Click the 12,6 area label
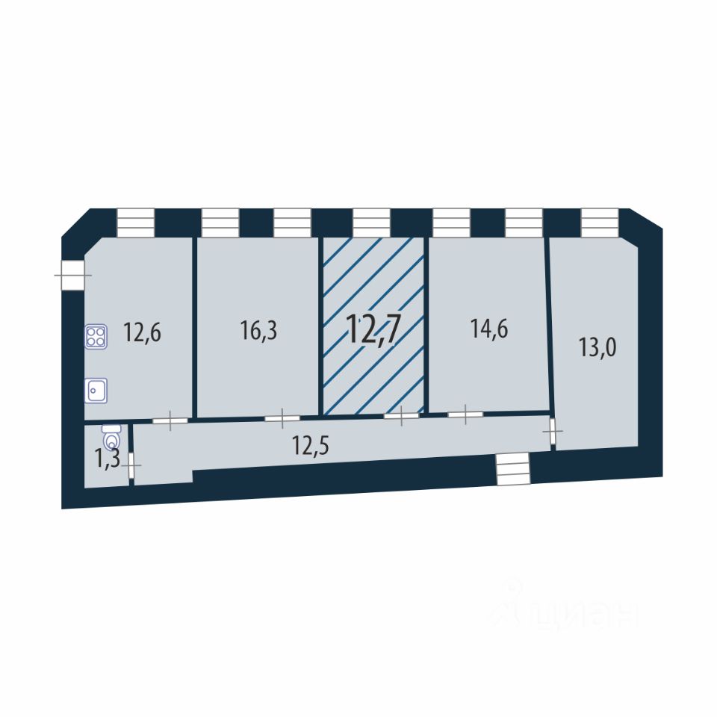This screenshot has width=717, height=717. click(x=142, y=332)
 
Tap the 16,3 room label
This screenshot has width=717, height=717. click(x=258, y=330)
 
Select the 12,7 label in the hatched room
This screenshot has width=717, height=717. click(x=373, y=329)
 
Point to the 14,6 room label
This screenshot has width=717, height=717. click(x=488, y=329)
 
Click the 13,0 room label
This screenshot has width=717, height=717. click(x=597, y=347)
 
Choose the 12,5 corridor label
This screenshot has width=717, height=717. click(x=311, y=446)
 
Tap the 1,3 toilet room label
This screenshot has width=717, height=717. click(x=107, y=458)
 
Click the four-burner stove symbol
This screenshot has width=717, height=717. click(x=96, y=337)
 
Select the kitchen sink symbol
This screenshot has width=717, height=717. click(x=96, y=391)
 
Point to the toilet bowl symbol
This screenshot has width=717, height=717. click(x=111, y=438)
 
